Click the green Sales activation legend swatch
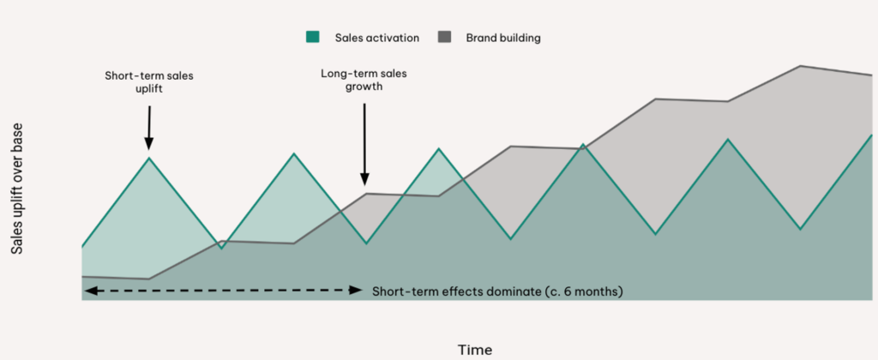pyautogui.click(x=312, y=38)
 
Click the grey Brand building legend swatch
pyautogui.click(x=445, y=38)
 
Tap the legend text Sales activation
pyautogui.click(x=377, y=38)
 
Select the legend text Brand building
pyautogui.click(x=503, y=38)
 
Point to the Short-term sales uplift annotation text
pyautogui.click(x=149, y=82)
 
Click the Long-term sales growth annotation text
pyautogui.click(x=364, y=80)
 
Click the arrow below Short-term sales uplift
pyautogui.click(x=149, y=129)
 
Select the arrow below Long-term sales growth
pyautogui.click(x=364, y=144)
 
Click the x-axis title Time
pyautogui.click(x=475, y=351)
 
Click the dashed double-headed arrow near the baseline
pyautogui.click(x=223, y=290)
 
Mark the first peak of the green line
pyautogui.click(x=149, y=158)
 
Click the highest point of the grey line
pyautogui.click(x=801, y=66)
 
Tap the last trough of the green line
pyautogui.click(x=801, y=229)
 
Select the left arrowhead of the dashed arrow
pyautogui.click(x=88, y=290)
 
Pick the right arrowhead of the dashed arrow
pyautogui.click(x=357, y=290)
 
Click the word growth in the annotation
pyautogui.click(x=364, y=87)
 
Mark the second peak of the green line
pyautogui.click(x=294, y=153)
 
